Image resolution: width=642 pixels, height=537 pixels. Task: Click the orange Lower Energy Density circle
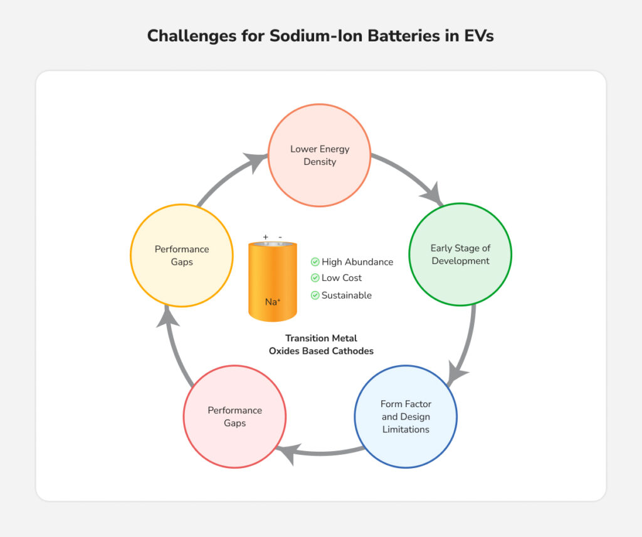320,155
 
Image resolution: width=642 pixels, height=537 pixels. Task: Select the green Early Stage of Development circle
460,254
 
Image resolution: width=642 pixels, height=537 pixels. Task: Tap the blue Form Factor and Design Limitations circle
406,417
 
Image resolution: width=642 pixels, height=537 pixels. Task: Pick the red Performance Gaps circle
234,417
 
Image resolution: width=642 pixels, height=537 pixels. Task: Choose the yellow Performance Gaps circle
182,255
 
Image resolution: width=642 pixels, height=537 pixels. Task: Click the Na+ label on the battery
272,302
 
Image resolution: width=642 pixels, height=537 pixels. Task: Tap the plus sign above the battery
266,237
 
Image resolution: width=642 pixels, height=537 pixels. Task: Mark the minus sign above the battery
280,237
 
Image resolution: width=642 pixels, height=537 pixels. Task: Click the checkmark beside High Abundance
315,262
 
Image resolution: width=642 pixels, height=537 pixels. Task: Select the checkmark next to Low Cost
315,278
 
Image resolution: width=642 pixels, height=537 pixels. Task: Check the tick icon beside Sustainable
315,295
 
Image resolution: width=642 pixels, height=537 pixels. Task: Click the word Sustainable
347,295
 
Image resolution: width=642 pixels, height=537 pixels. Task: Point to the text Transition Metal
321,338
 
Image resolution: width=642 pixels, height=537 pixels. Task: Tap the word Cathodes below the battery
352,351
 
